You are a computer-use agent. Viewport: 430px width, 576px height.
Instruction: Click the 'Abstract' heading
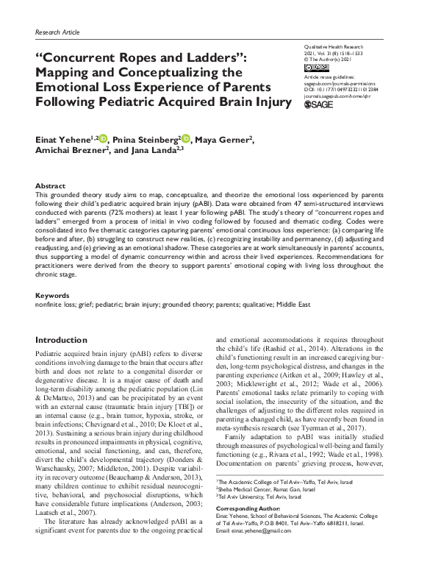[51, 186]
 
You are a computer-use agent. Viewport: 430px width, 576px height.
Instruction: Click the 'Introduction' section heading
[67, 341]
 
